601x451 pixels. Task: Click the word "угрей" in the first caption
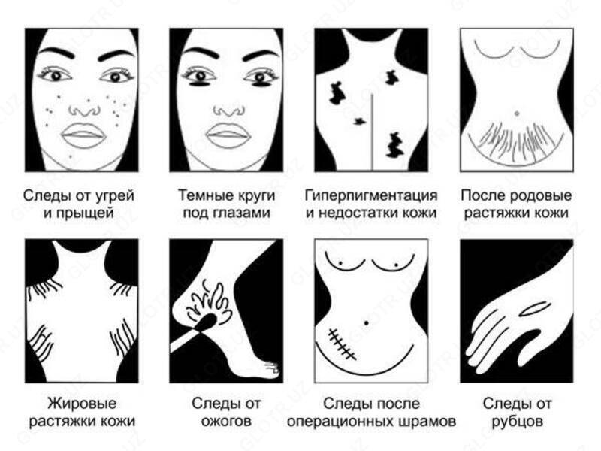tap(114, 195)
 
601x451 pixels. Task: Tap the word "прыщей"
tap(93, 213)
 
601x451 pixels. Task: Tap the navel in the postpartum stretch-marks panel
tap(517, 113)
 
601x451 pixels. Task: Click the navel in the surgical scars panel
tap(366, 322)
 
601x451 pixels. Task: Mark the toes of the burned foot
tap(269, 369)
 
